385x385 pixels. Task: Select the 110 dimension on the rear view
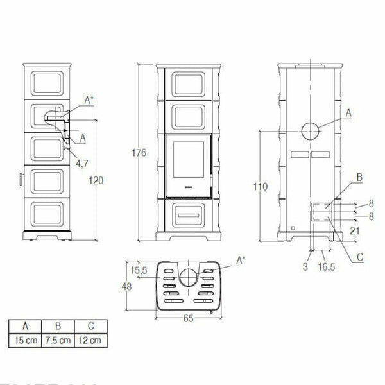pos(259,186)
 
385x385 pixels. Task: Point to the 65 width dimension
pos(187,317)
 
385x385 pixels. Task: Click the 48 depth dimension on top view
pos(130,287)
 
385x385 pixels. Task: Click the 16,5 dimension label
pos(327,266)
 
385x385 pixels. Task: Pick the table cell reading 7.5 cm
pos(56,338)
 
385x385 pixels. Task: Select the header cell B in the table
pos(56,325)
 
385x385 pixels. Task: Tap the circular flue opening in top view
pos(188,277)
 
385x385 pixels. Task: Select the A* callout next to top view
pos(241,260)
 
